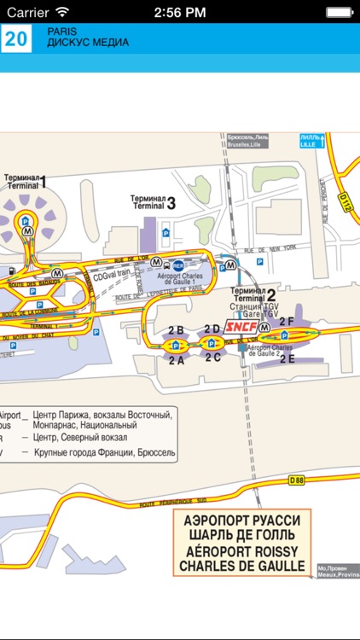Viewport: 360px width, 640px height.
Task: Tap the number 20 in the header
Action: pos(17,38)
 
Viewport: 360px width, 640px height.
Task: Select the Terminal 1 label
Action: pos(26,181)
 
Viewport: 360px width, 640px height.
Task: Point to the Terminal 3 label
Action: pos(154,202)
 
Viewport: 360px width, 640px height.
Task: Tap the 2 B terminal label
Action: pos(176,329)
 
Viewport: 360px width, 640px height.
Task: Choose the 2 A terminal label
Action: pos(177,360)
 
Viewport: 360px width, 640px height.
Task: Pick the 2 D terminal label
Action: pos(212,329)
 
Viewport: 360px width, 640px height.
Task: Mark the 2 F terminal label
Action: pos(287,322)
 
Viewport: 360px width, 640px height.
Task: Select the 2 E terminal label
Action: pos(287,358)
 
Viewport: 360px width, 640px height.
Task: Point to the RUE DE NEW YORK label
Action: pos(270,250)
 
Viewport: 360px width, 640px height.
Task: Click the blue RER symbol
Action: pos(179,265)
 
